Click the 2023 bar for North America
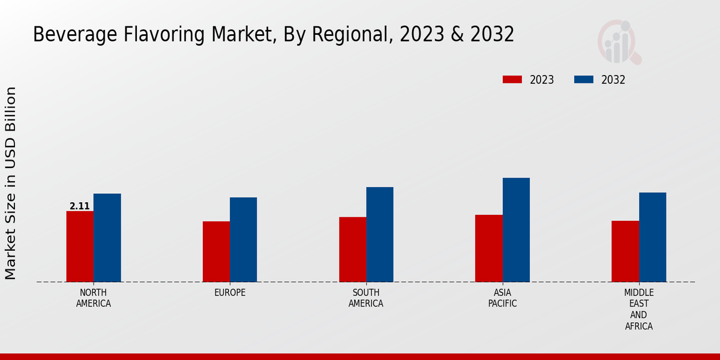point(80,246)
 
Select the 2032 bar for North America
point(107,238)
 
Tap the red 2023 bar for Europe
point(216,251)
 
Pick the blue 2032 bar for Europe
point(243,239)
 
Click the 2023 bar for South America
point(352,249)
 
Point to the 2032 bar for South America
point(380,234)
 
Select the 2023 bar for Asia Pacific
point(488,248)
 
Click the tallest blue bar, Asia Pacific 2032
point(516,230)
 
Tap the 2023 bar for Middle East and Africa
point(625,251)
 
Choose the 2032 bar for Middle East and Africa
point(652,237)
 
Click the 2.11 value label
point(80,206)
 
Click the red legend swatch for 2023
point(512,80)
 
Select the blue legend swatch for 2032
point(584,80)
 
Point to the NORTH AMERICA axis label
point(94,298)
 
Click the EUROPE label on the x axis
point(230,293)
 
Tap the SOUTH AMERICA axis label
point(366,298)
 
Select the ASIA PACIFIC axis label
point(502,298)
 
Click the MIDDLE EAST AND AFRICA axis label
point(638,309)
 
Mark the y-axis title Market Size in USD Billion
point(11,183)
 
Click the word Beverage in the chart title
point(67,34)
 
